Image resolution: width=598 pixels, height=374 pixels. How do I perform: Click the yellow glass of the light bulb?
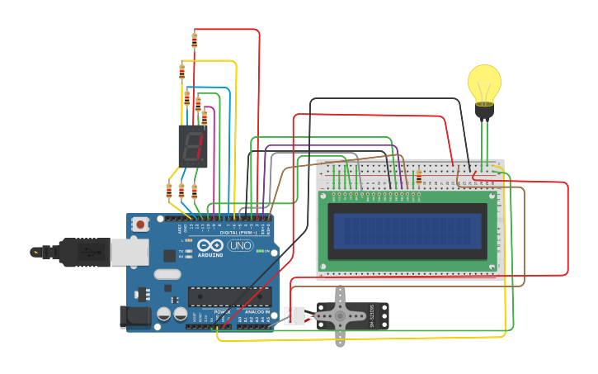484,83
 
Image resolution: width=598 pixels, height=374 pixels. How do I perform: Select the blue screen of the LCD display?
406,230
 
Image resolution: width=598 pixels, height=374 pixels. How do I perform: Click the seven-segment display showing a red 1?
193,146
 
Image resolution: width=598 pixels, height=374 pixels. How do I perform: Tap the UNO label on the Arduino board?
240,246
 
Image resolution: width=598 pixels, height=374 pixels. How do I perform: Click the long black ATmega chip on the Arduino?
229,296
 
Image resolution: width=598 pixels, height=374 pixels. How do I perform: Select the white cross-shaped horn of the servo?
341,315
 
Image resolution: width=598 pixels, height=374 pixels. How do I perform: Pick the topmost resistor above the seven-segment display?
195,39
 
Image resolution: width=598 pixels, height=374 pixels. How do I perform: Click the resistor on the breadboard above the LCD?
419,177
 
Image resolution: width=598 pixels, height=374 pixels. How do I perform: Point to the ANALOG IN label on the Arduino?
254,312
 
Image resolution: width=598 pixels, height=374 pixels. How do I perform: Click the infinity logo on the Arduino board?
210,245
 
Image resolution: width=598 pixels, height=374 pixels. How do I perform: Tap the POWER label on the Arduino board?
219,312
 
